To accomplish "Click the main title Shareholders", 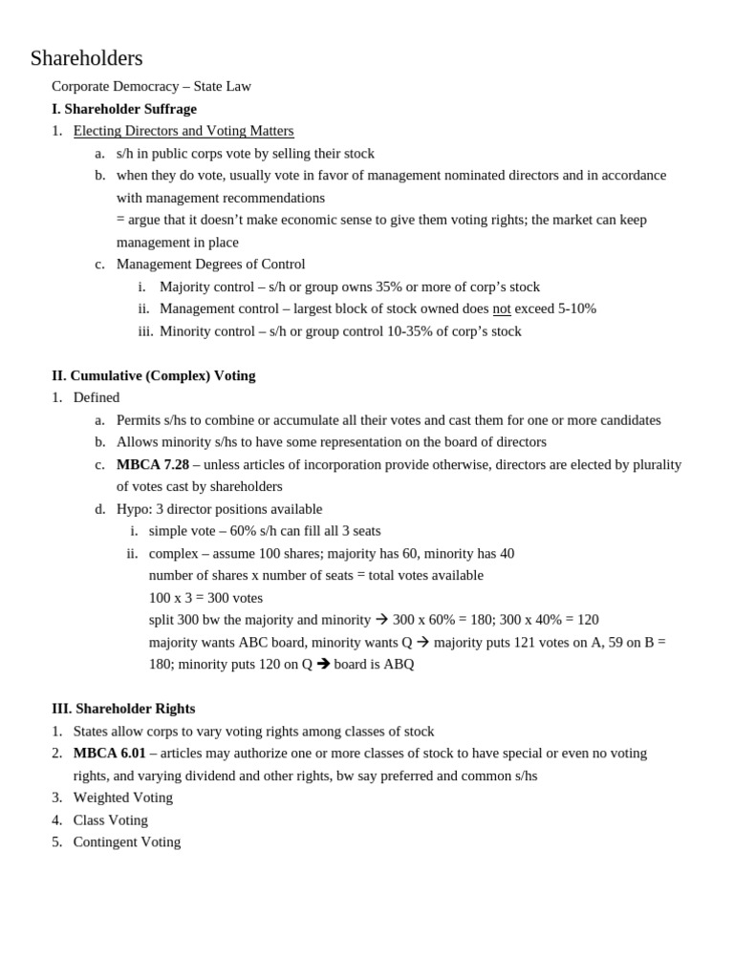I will (86, 58).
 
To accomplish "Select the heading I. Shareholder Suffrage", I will (124, 109).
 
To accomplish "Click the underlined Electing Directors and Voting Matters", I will (183, 131).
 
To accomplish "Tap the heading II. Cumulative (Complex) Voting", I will (154, 375).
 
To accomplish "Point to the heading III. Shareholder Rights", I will (123, 709).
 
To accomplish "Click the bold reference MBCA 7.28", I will (153, 464).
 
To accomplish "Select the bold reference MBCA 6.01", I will (110, 753).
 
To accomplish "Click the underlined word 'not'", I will (502, 308).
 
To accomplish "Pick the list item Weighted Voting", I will (123, 797).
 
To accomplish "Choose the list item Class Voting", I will (111, 819).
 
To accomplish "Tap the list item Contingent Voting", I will (127, 841).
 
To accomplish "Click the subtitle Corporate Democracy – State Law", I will (151, 86).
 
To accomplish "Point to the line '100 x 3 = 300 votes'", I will (205, 598).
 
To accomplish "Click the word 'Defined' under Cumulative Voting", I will (97, 397).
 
